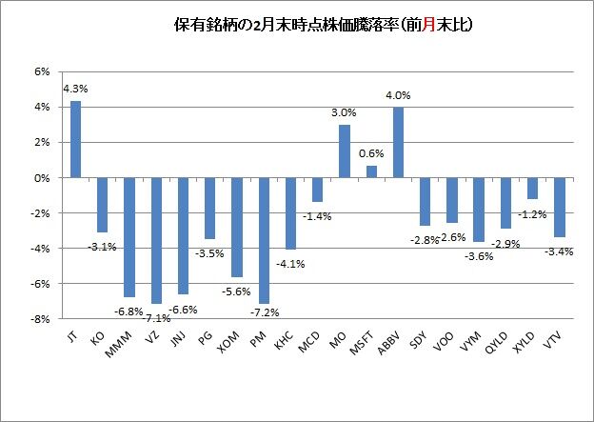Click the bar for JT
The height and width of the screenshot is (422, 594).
(75, 139)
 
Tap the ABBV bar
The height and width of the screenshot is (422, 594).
(398, 142)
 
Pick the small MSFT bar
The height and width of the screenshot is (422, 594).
(371, 171)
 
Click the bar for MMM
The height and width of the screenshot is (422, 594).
(129, 237)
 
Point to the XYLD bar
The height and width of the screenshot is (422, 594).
(532, 188)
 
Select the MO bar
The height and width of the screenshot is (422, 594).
(345, 151)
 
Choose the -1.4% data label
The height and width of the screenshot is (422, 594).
(318, 216)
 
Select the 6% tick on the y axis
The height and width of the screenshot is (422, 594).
(42, 71)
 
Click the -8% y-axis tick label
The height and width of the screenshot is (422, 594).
(40, 320)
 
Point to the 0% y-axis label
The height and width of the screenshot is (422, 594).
(42, 178)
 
